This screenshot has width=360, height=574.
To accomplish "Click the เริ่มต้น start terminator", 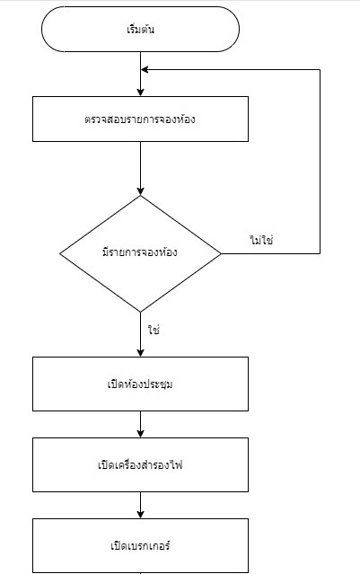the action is point(140,30).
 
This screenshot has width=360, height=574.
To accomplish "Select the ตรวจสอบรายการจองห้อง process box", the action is point(140,119).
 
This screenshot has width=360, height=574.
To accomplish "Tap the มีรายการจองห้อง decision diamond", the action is point(140,253).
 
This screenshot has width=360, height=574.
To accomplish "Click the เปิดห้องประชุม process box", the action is point(140,384).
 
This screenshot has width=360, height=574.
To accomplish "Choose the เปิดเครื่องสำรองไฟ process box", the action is point(140,465).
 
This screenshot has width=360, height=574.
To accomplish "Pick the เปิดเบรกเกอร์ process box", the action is point(140,546).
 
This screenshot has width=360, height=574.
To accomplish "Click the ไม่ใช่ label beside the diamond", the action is point(261,240).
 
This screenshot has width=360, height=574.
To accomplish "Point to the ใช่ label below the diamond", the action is point(154,330).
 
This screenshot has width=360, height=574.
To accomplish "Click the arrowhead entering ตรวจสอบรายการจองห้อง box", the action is point(140,93).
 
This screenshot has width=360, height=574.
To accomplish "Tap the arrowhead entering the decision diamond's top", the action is point(140,191).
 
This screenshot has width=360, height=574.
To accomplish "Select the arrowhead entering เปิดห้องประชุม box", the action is point(140,353).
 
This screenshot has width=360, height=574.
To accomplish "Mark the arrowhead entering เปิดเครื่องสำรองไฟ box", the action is point(140,434).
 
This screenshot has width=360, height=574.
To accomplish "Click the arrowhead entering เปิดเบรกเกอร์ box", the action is point(140,515).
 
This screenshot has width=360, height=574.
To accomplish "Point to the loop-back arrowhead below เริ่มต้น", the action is point(145,69).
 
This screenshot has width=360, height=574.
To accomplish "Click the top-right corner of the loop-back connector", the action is point(320,69).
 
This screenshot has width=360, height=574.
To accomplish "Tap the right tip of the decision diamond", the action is point(221,253).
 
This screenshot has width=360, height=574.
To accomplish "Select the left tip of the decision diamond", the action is point(60,253).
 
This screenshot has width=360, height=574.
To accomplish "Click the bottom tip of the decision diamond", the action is point(140,312).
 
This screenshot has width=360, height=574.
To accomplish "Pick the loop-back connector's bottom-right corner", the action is point(320,253).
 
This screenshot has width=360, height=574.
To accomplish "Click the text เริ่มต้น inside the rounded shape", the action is point(140,30).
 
